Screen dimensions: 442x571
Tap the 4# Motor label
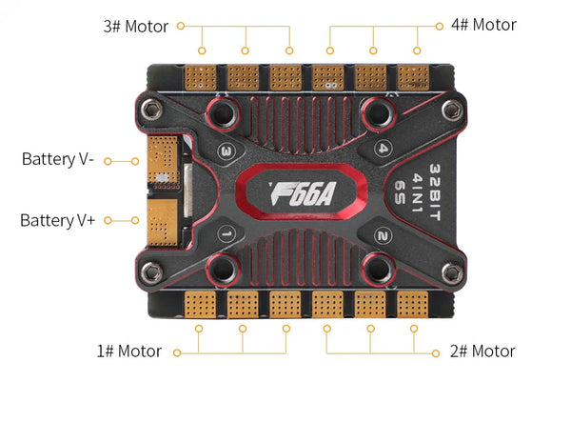[482, 25]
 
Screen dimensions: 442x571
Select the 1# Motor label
[128, 352]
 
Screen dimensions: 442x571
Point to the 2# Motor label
[482, 352]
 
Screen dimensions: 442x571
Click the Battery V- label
[57, 159]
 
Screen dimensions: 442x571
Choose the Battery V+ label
[57, 220]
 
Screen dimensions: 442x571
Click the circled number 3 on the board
[226, 151]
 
